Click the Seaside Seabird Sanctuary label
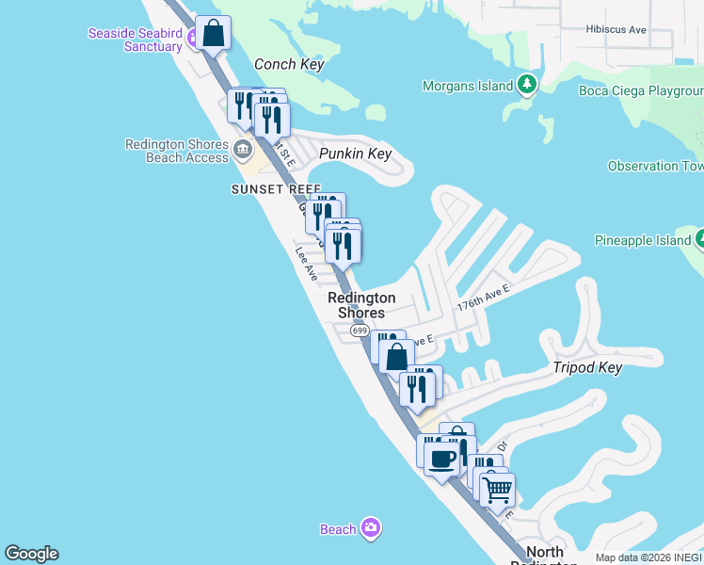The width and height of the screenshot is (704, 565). click(135, 40)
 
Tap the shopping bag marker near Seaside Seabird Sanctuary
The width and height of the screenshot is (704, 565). click(214, 34)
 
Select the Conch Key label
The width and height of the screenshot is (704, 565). click(289, 65)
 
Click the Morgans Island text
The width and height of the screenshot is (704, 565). click(468, 87)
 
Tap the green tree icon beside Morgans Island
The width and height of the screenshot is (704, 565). click(528, 87)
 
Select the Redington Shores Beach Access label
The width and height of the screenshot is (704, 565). click(177, 151)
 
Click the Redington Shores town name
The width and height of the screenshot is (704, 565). click(361, 305)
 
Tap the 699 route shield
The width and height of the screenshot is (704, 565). click(360, 331)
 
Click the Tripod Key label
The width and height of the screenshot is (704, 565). click(587, 367)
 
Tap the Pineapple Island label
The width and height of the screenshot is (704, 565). click(643, 241)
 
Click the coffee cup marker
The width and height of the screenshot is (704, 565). click(441, 460)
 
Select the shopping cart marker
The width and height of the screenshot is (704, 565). click(497, 489)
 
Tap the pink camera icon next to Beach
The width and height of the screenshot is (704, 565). click(372, 527)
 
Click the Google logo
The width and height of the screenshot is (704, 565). click(31, 554)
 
